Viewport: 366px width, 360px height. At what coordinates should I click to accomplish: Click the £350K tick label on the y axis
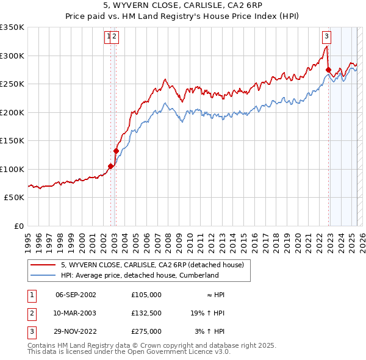click(12, 27)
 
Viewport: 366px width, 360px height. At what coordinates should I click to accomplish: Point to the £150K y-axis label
click(12, 140)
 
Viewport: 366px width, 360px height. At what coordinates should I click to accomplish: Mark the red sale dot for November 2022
click(328, 70)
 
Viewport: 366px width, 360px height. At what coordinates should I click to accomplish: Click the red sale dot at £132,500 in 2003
click(116, 151)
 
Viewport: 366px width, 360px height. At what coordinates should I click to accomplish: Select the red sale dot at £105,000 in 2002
click(110, 166)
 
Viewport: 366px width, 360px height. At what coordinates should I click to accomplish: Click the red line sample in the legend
click(43, 265)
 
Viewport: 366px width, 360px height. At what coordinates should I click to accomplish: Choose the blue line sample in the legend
click(43, 275)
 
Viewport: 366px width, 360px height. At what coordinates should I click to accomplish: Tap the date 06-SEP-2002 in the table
click(76, 294)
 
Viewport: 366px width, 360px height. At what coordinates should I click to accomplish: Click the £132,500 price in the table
click(146, 313)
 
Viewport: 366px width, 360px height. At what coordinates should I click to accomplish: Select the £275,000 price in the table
click(146, 331)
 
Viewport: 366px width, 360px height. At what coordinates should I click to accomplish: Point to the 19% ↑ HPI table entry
click(207, 313)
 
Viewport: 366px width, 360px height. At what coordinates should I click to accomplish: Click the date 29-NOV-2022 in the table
click(76, 331)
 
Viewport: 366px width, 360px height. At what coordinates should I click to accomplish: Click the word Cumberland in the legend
click(196, 275)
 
